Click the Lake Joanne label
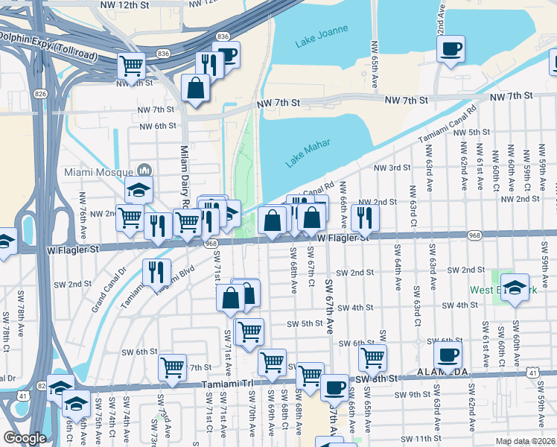[x=316, y=42]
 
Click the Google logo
[x=25, y=438]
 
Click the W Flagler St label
[x=343, y=238]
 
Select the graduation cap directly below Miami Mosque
[x=139, y=190]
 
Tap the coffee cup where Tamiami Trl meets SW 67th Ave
[x=335, y=387]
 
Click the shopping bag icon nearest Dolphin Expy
[x=195, y=87]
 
